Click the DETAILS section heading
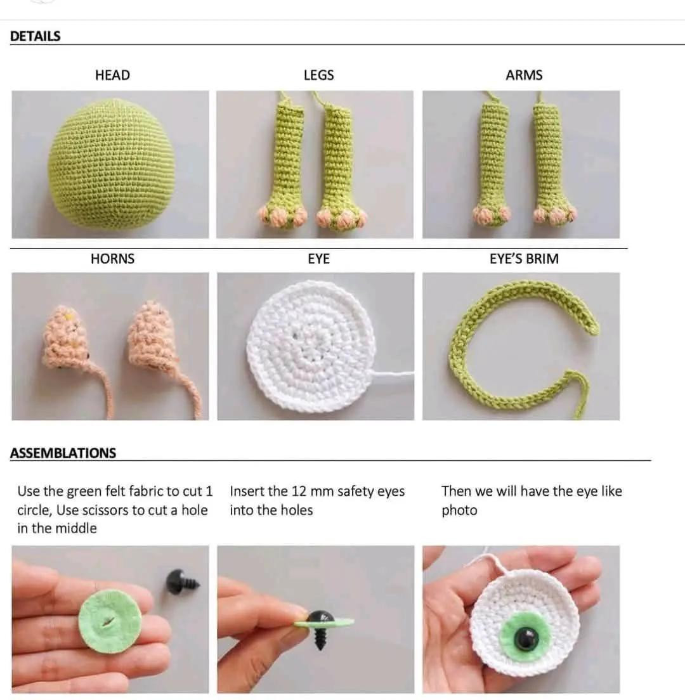point(36,36)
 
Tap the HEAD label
point(112,75)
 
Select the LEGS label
point(318,75)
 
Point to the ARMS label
point(524,75)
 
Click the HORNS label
point(112,259)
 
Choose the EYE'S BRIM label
point(524,259)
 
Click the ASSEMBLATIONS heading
point(63,453)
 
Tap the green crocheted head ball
point(109,165)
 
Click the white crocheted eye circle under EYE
point(311,346)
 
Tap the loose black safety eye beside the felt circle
point(181,581)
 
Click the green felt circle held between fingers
point(111,621)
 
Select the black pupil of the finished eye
point(526,638)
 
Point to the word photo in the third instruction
point(459,510)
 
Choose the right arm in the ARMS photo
point(549,165)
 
